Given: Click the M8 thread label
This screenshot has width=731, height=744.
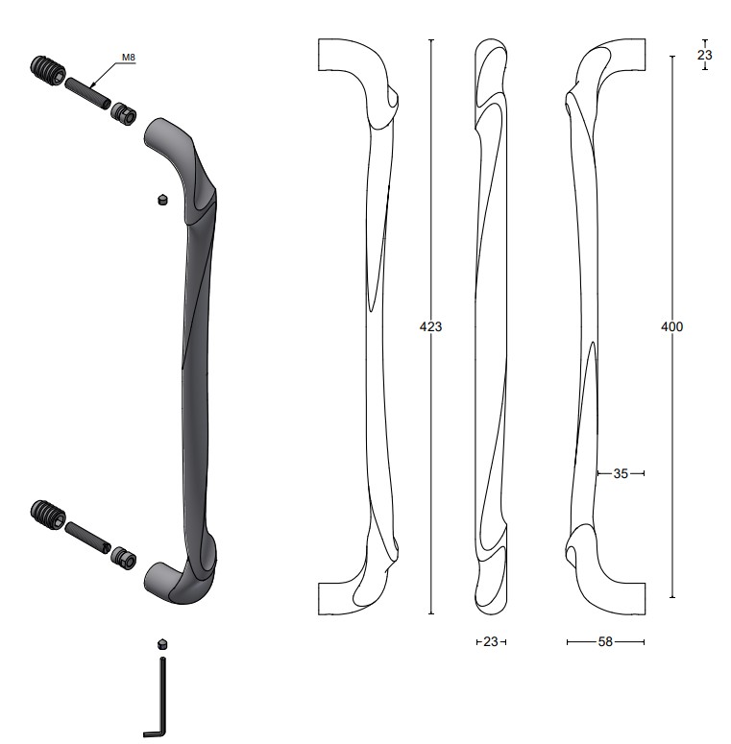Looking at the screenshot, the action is pos(129,58).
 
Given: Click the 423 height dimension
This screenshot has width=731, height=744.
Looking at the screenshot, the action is pos(430,326).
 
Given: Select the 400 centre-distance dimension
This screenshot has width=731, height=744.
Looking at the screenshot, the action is pos(672,326).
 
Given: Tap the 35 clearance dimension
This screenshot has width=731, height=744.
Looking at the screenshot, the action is pos(621,473).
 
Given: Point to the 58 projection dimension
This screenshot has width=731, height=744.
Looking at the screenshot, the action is pos(605,642).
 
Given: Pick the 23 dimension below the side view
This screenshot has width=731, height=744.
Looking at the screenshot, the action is pos(491,642).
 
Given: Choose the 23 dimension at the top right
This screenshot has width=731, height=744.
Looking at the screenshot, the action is pos(705,55).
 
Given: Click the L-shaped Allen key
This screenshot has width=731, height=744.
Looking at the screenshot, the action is pos(157,698).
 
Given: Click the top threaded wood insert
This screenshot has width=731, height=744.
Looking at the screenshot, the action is pos(48,71).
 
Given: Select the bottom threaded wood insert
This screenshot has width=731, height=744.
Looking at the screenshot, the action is pos(48,516).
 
